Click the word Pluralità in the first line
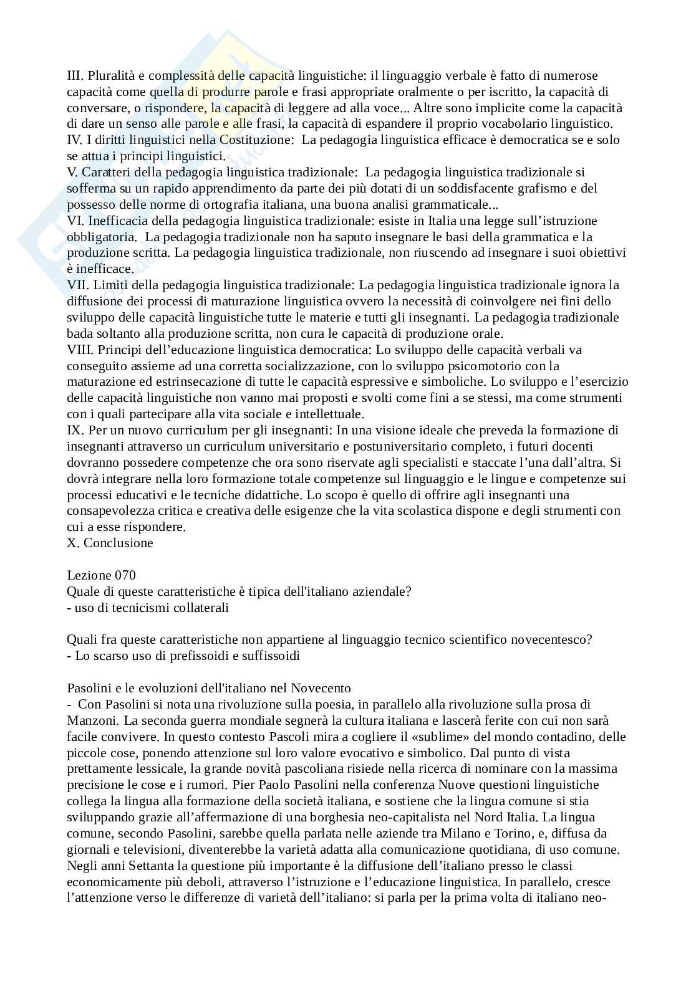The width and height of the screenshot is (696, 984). [110, 75]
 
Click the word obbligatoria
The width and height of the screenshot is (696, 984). [101, 237]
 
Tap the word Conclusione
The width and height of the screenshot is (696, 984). [118, 543]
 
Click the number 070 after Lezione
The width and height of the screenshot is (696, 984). [125, 575]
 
